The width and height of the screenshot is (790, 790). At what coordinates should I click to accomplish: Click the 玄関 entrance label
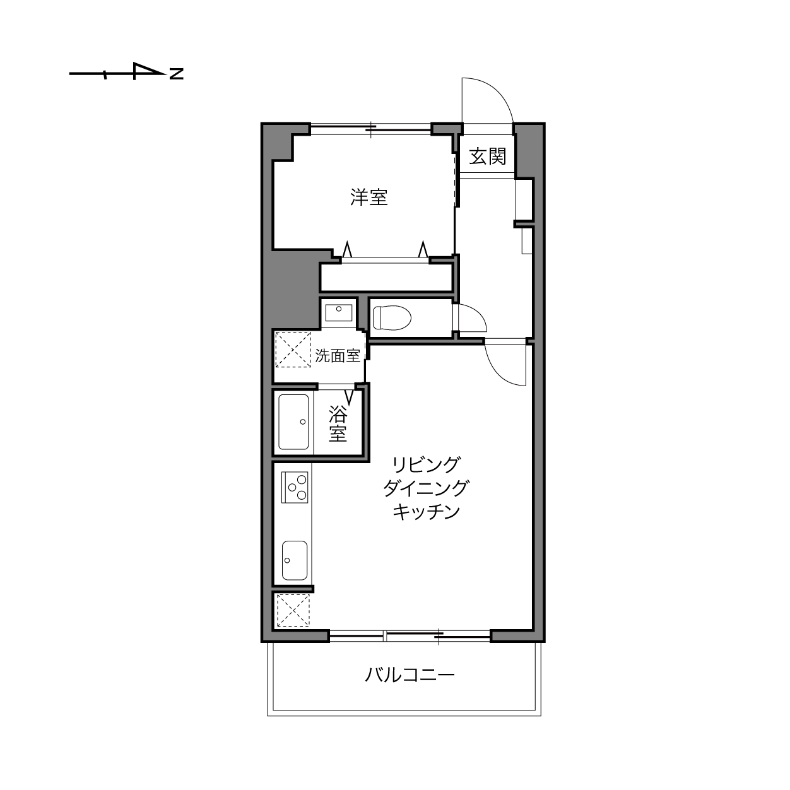coord(488,156)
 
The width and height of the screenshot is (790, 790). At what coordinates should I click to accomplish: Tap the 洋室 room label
coord(369,197)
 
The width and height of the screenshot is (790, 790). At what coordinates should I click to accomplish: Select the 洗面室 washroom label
coord(338,355)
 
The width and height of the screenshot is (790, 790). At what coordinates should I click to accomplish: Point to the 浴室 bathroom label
coord(338,423)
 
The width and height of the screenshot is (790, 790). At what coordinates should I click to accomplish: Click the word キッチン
coord(427,512)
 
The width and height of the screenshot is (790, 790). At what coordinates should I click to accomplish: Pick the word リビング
coord(427,464)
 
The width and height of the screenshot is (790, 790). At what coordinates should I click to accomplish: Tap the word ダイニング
coord(426,488)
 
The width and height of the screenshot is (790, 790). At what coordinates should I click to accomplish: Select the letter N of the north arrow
coord(176,74)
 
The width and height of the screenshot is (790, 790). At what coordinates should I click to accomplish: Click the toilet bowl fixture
coord(392,318)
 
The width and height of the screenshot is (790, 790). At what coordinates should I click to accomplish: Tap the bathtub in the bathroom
coord(293,422)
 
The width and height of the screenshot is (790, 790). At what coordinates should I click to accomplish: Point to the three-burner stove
coord(294,488)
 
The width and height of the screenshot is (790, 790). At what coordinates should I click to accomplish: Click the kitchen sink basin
coord(295,560)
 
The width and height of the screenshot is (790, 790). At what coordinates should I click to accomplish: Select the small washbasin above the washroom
coord(339,314)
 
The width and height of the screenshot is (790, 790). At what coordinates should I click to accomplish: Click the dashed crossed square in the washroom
coord(293,350)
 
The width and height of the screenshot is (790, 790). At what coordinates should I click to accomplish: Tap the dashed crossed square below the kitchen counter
coord(293,610)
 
